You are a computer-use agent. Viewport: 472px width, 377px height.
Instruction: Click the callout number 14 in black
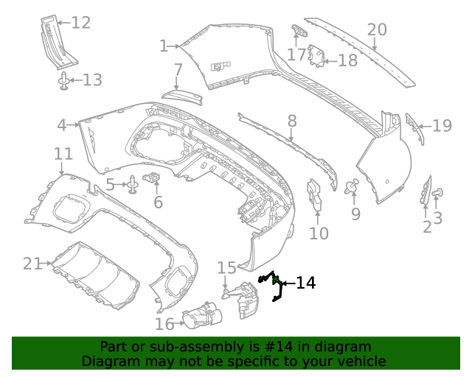305,283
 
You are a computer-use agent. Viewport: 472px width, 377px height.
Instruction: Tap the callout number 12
80,23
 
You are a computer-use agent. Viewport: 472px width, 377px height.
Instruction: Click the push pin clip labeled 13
64,80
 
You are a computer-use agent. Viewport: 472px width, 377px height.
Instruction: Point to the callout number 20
377,29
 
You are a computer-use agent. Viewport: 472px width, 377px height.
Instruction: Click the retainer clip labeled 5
133,184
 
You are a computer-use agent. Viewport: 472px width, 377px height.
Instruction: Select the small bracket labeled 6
153,178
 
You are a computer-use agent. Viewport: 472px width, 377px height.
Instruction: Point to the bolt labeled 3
439,193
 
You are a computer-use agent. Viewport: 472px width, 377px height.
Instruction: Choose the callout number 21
32,263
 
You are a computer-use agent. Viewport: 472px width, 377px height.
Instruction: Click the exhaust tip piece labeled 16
201,317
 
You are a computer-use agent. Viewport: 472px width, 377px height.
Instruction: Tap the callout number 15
226,268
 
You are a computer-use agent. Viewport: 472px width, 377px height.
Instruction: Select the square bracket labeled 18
317,56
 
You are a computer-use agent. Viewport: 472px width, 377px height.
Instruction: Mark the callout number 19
442,126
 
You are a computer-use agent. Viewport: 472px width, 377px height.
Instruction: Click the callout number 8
292,121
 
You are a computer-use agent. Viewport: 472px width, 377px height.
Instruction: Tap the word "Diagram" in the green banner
107,362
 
